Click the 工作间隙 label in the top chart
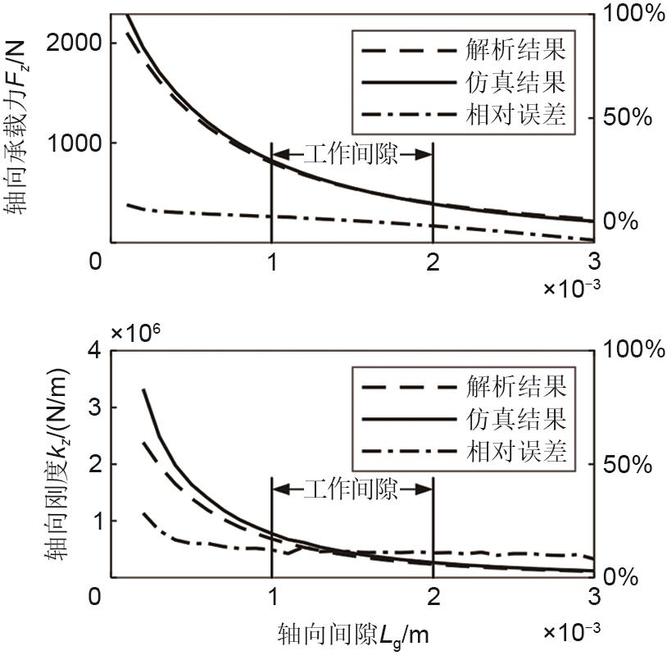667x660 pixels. click(351, 154)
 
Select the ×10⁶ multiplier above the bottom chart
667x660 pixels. click(136, 333)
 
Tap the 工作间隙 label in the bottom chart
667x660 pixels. click(351, 490)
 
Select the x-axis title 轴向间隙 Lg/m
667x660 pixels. click(353, 633)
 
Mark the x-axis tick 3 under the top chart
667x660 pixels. click(593, 261)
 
